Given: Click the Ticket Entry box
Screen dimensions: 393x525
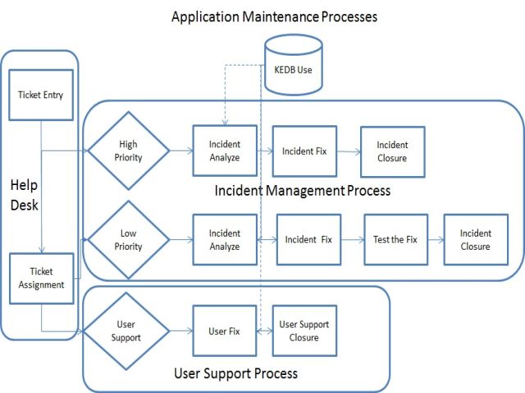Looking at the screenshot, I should (40, 95).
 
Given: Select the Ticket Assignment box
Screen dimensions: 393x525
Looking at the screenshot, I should (40, 279).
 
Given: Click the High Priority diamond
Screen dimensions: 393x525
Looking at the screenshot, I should (128, 151).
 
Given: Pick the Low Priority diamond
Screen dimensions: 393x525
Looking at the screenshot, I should (128, 240).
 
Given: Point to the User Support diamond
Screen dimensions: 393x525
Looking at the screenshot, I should (128, 332).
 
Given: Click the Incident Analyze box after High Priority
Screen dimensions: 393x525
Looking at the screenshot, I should (224, 151).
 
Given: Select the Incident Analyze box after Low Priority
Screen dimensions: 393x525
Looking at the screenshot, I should (224, 240).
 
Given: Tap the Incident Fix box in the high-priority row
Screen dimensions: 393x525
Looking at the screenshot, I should (304, 151).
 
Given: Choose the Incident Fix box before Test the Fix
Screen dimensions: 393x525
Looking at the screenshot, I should (308, 240).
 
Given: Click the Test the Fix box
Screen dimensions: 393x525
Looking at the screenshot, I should (395, 240).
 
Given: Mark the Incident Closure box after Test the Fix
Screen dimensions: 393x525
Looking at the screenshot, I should (476, 240).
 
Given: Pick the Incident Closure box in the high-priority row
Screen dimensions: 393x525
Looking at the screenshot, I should (392, 151).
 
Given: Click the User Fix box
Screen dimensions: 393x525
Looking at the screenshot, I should (224, 332).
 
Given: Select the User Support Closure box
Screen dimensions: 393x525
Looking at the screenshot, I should (304, 332).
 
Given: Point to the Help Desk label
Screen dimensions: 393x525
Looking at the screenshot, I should (24, 196).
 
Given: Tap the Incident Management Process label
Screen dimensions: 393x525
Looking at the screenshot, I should (302, 191).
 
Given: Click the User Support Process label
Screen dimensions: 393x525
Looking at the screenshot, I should (236, 373).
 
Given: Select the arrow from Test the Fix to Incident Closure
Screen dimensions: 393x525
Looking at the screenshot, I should (435, 240).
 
